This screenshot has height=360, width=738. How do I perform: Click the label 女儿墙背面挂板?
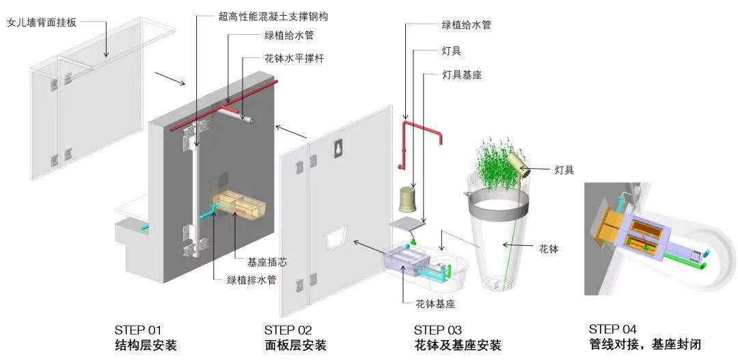(42, 22)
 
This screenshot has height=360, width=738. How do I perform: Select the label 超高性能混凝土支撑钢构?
(273, 16)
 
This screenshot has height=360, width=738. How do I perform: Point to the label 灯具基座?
(462, 74)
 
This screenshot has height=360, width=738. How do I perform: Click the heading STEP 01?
(138, 330)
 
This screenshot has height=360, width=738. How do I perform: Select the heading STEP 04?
(612, 329)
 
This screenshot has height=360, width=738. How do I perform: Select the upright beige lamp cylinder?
(407, 199)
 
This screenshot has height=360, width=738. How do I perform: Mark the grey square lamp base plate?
(407, 224)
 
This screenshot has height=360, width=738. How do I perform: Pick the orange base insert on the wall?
(239, 205)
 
